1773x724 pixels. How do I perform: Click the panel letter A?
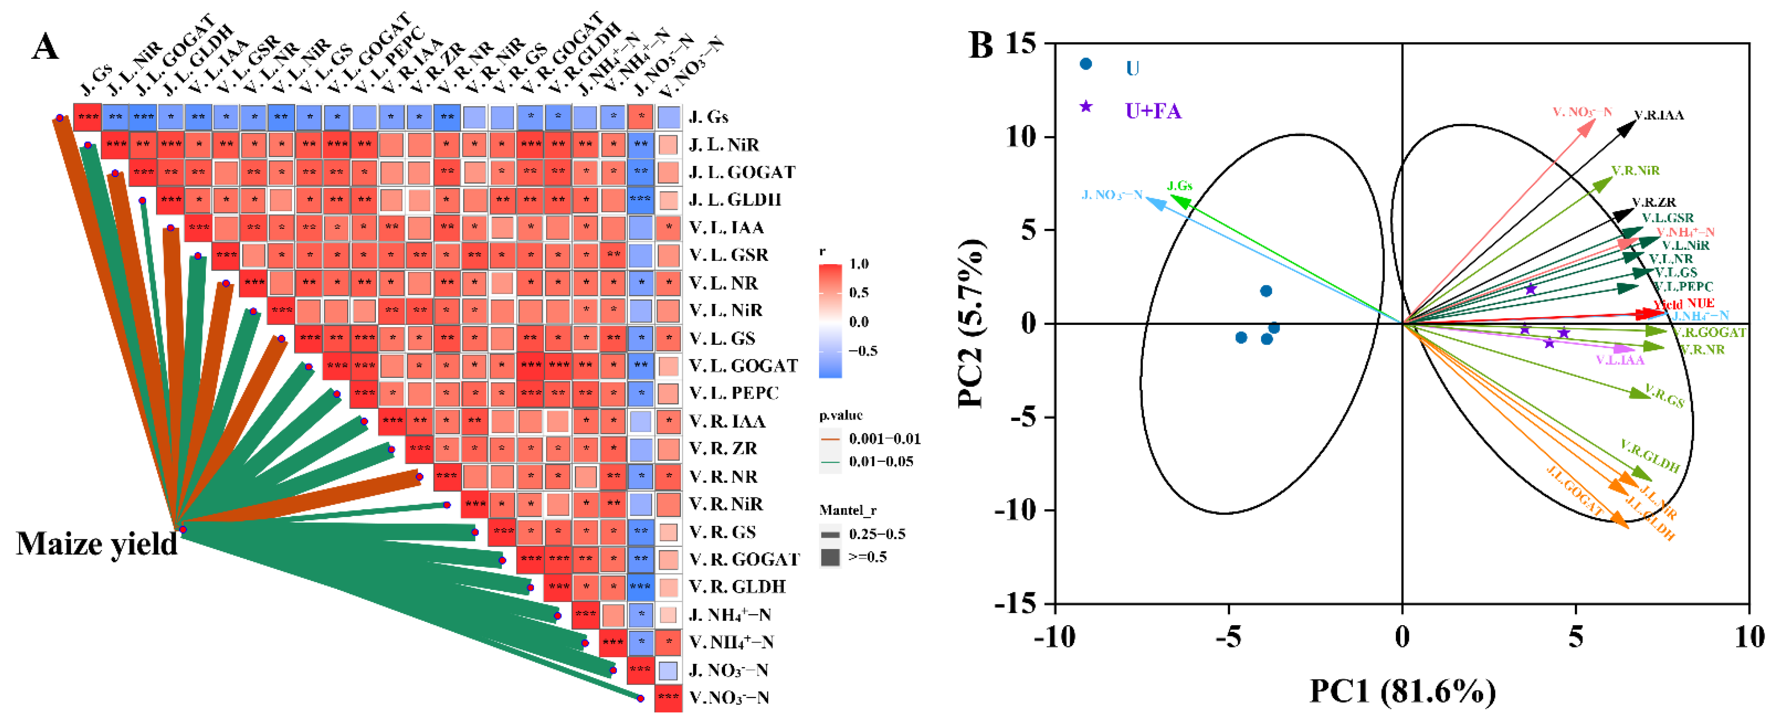click(45, 48)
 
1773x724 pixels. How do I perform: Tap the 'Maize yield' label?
click(96, 544)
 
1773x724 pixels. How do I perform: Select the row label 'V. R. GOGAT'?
click(744, 559)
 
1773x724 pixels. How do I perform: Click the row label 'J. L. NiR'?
click(723, 145)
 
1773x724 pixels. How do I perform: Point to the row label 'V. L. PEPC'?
click(734, 393)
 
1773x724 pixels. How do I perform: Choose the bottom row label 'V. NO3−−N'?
click(729, 698)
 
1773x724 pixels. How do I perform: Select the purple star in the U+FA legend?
click(1086, 107)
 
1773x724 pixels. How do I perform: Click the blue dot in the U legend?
click(1086, 64)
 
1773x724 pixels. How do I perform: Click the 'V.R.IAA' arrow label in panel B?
click(1659, 115)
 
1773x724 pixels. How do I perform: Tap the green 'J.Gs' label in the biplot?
click(1180, 186)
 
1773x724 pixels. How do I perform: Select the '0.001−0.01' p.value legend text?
click(884, 438)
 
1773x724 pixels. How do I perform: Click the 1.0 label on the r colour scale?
click(859, 264)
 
